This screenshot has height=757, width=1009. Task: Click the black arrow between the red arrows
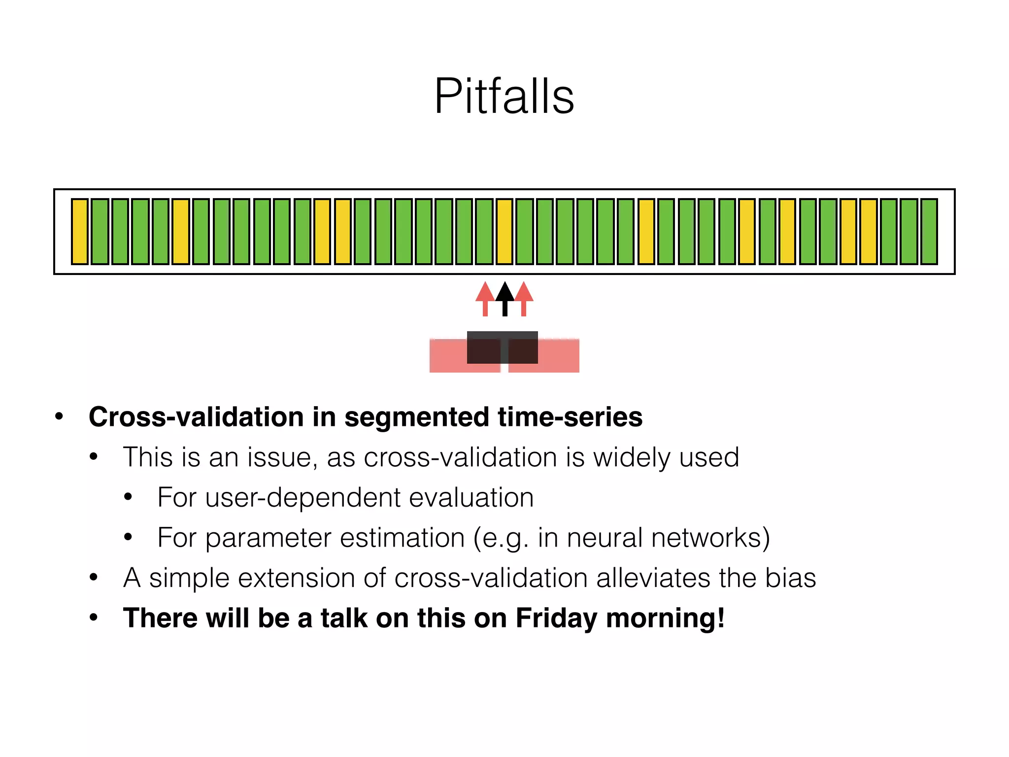[x=504, y=298]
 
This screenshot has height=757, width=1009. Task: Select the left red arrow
[x=485, y=298]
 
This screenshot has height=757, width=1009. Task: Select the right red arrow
[x=524, y=298]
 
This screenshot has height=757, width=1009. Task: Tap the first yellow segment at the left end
[x=80, y=232]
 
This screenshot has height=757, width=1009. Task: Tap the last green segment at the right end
[x=929, y=232]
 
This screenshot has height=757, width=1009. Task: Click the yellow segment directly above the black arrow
[x=504, y=232]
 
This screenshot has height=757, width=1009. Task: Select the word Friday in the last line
[x=556, y=619]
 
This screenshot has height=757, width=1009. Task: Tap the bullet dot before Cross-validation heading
[x=59, y=417]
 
